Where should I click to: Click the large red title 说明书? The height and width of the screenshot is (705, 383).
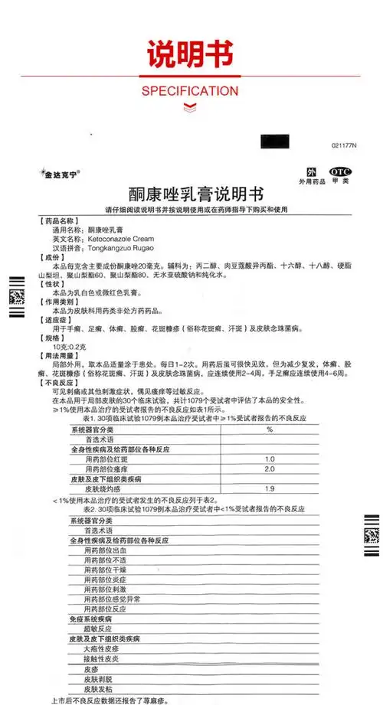click(x=191, y=52)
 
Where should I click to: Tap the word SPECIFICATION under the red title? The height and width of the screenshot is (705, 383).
click(x=191, y=90)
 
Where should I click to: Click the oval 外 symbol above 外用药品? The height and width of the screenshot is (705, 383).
click(x=311, y=171)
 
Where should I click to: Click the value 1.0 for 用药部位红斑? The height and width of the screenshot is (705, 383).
click(x=270, y=459)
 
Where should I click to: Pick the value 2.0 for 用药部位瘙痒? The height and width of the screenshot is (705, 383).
click(x=270, y=468)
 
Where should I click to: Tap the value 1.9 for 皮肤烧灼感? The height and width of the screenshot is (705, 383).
click(x=270, y=488)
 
